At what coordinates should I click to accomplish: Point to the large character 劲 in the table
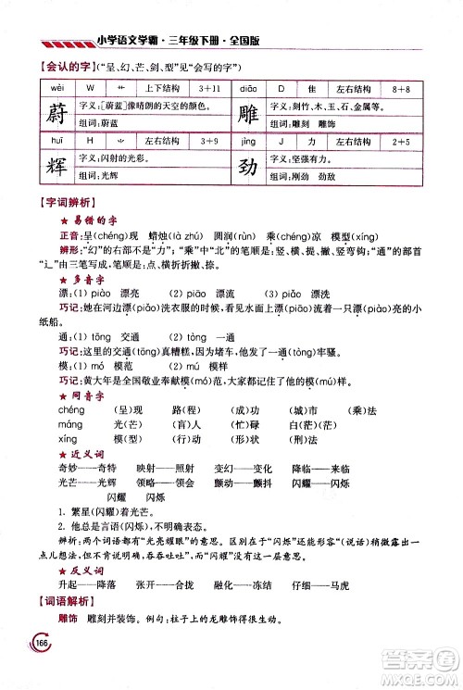244,167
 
